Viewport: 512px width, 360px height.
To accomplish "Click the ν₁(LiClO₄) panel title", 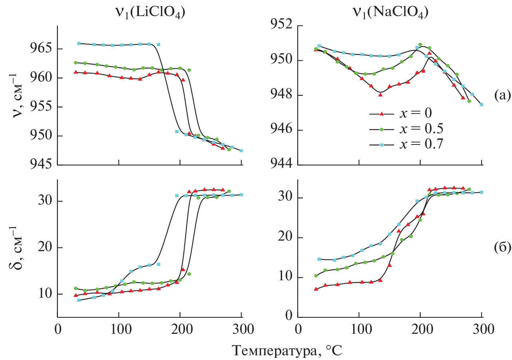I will click(150, 12).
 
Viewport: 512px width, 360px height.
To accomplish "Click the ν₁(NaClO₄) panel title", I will click(390, 12).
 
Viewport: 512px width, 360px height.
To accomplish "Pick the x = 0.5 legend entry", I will click(406, 129).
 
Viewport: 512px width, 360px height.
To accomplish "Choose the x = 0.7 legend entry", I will click(406, 144).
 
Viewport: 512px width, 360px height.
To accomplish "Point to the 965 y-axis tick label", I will click(41, 48).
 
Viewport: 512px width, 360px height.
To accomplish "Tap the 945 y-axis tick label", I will click(41, 164).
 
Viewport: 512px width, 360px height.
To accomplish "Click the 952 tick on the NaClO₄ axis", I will click(281, 25).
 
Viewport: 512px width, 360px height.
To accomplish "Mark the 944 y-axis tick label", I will click(281, 164).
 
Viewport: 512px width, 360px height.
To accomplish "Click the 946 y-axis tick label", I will click(281, 130).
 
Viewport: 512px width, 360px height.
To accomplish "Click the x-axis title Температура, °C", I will click(287, 351).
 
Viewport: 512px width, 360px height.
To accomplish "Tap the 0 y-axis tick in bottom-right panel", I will click(289, 316).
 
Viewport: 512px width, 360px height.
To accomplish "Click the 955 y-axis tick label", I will click(41, 107).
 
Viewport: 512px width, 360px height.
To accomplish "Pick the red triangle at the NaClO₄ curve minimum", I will click(380, 95).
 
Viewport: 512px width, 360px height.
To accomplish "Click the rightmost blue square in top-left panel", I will click(241, 151).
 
